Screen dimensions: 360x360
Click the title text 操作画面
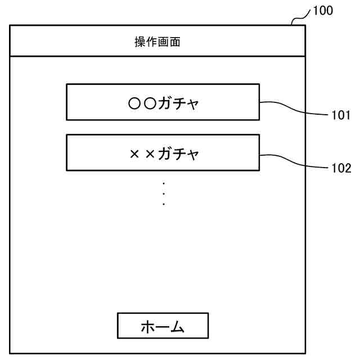(x=157, y=42)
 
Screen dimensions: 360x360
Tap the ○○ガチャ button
(x=163, y=102)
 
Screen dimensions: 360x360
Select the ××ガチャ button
(x=163, y=152)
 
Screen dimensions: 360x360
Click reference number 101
(x=340, y=116)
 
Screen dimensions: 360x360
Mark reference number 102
(x=340, y=168)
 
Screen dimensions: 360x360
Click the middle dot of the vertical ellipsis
(x=164, y=193)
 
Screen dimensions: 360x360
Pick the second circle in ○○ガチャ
(x=149, y=103)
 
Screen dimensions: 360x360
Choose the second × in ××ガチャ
(x=150, y=154)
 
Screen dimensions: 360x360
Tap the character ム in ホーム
(x=178, y=326)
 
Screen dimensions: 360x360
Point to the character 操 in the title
(x=139, y=42)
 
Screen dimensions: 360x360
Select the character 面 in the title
(x=175, y=42)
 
